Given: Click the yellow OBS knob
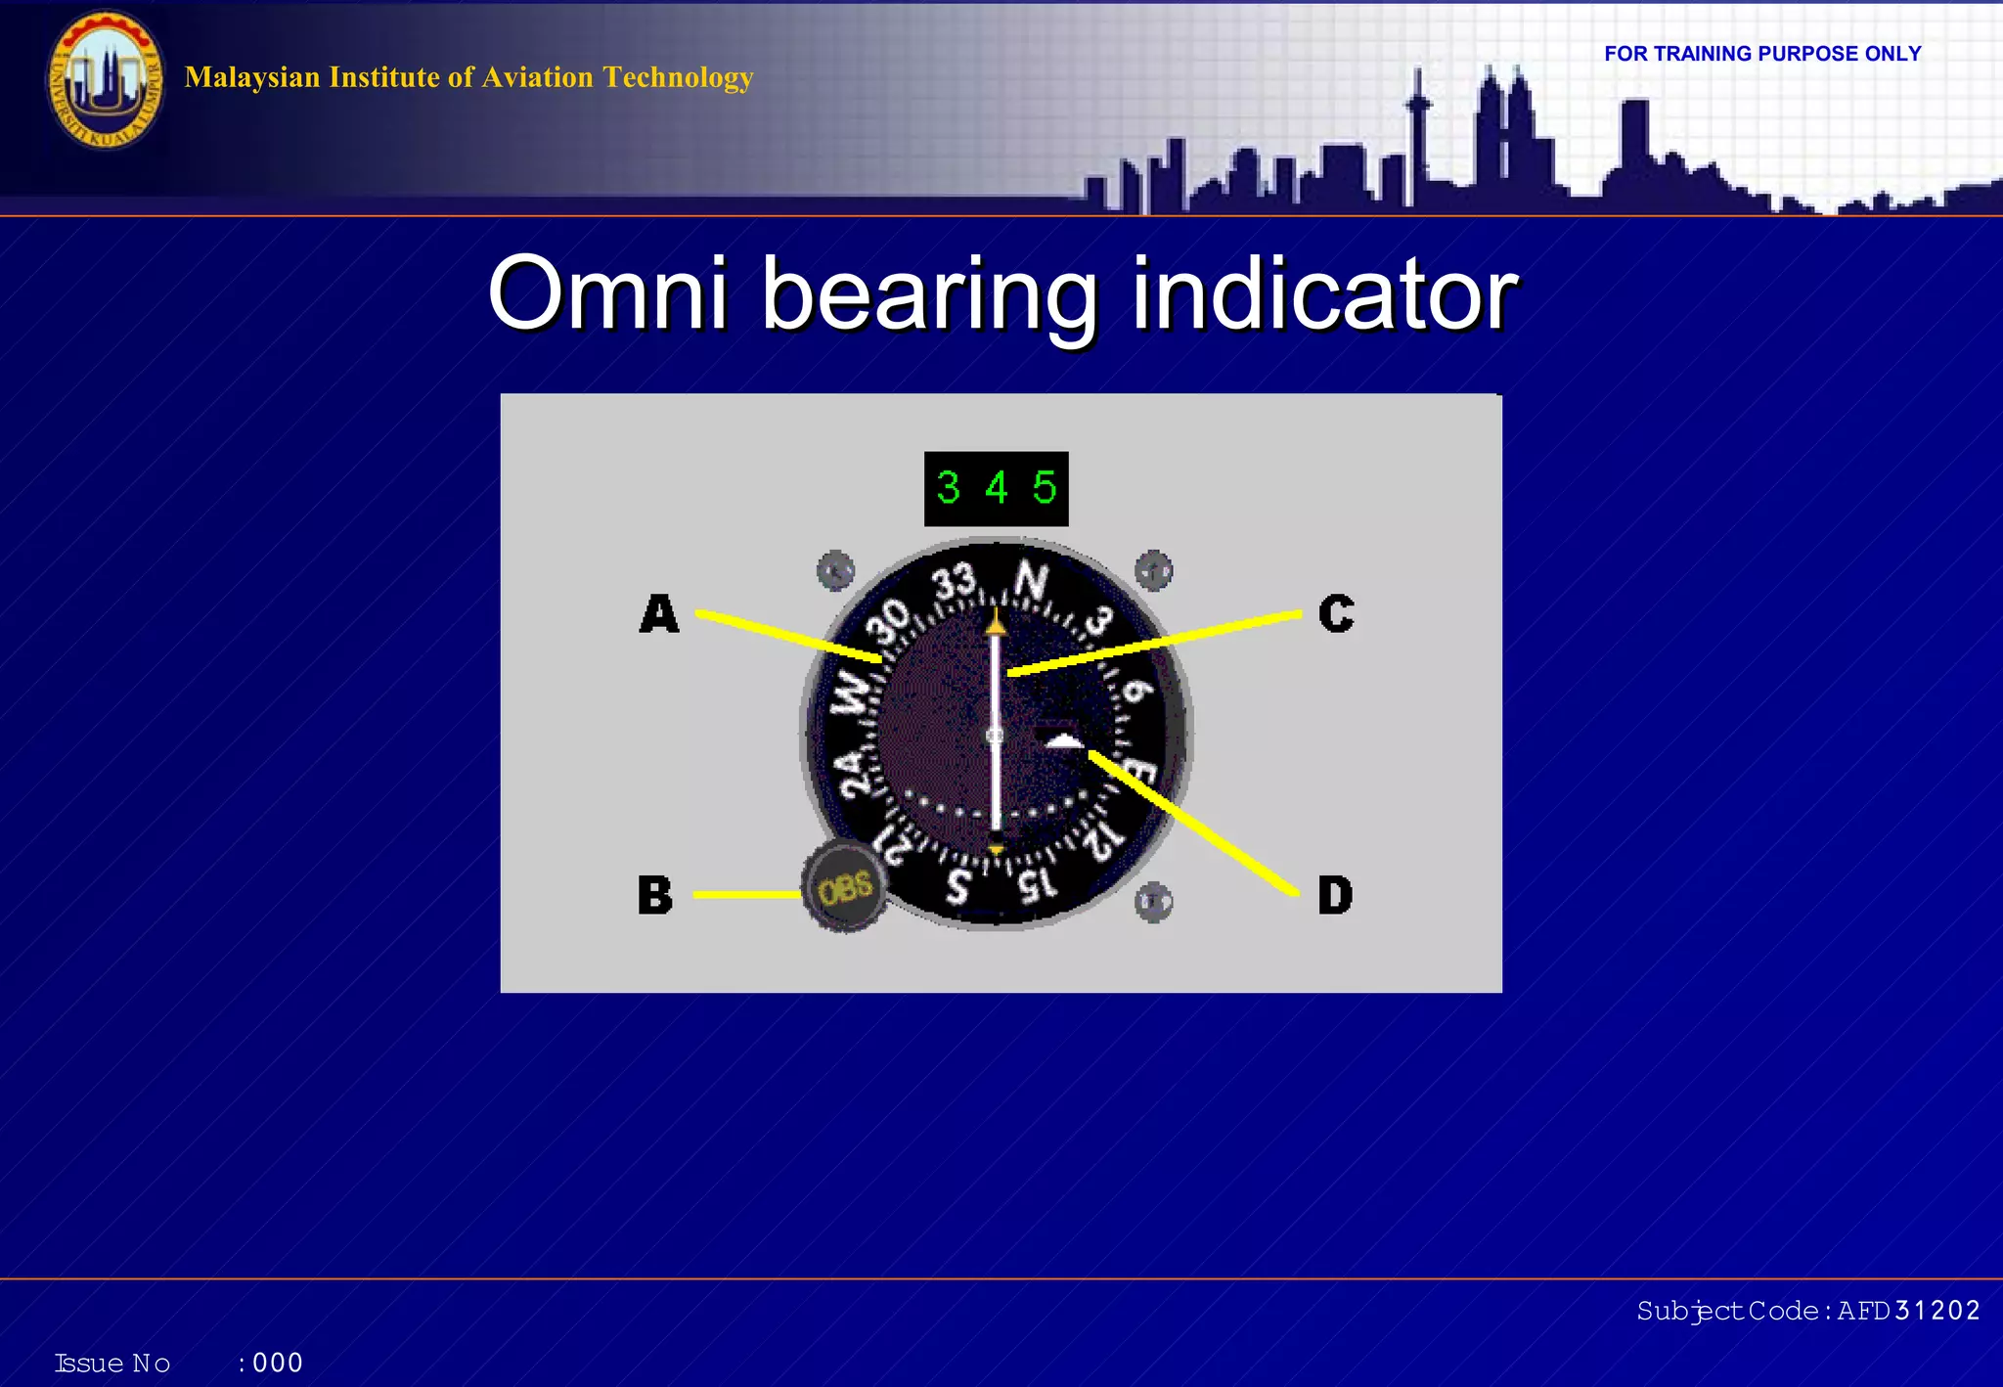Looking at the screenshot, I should click(x=845, y=888).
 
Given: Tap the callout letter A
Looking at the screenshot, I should click(x=659, y=614).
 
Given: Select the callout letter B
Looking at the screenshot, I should click(x=655, y=895).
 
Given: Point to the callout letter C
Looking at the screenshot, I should click(x=1336, y=614).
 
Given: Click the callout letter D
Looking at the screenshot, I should click(x=1335, y=895).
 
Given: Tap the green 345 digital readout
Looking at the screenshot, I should click(x=996, y=488).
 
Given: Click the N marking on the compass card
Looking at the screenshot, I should click(x=1031, y=582).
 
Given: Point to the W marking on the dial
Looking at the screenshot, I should click(x=852, y=692).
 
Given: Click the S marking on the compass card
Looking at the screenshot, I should click(x=958, y=886).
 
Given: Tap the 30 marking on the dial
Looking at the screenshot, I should click(x=891, y=623).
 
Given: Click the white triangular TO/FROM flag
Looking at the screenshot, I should click(x=1065, y=741).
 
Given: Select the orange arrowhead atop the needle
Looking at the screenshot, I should click(x=996, y=621).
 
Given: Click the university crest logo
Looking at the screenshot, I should click(x=105, y=80).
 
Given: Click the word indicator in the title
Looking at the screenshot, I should click(x=1324, y=293).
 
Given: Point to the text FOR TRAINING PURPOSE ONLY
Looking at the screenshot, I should click(x=1762, y=54).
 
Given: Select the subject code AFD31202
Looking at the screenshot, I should click(x=1908, y=1311).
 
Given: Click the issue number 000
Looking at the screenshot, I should click(x=278, y=1363).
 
